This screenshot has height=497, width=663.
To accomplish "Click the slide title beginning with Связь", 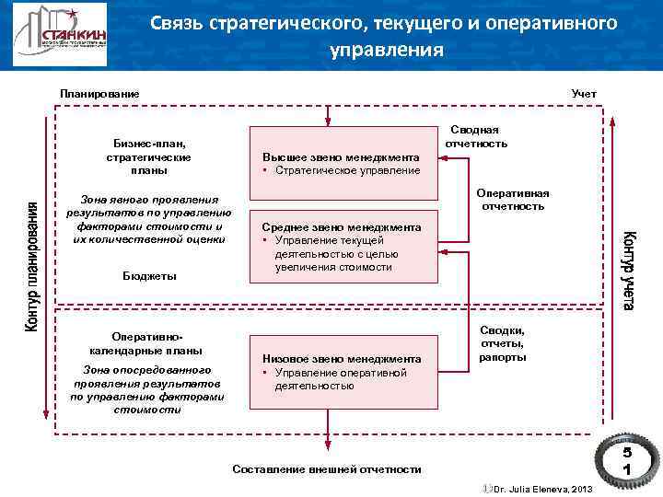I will pos(385,36).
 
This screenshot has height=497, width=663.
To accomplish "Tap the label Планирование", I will pos(99,94).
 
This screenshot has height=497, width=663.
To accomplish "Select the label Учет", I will pos(584,94).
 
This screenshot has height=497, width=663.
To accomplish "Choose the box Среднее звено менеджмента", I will pos(342,247).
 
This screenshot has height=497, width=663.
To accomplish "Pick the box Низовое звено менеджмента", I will pos(342,368).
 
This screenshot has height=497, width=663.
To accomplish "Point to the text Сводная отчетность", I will pos(476,136).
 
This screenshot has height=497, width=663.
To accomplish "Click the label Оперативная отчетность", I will pos(513,200).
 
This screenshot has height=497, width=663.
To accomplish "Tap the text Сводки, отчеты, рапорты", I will pos(503,342).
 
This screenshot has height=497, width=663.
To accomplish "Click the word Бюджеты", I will pos(149,276).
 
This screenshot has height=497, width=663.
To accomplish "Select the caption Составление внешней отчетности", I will pos(327,469).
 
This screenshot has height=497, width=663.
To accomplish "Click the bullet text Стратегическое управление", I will pos(345,170).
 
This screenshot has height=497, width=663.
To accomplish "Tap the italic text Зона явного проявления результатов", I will pos(149,219).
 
